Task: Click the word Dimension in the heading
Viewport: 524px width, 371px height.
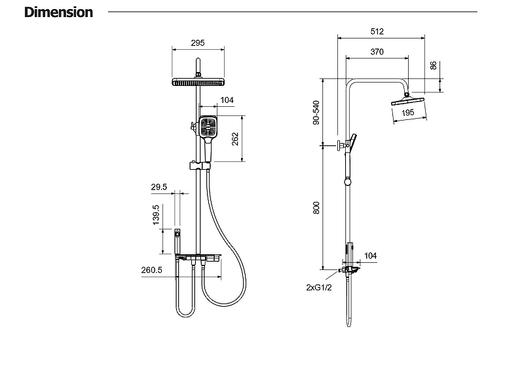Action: [x=58, y=12]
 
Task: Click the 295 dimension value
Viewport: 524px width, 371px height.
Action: [x=198, y=43]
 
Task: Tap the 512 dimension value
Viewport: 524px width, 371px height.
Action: [x=377, y=31]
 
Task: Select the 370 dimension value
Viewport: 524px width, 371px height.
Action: [x=377, y=52]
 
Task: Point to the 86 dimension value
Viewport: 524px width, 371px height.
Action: [x=433, y=66]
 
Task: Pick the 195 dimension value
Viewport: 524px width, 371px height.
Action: [x=407, y=113]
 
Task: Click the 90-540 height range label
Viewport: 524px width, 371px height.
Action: [x=316, y=112]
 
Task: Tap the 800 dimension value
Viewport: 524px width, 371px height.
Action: [x=316, y=208]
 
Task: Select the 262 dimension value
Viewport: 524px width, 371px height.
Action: [x=235, y=139]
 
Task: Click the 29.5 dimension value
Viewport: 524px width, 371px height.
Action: [x=159, y=187]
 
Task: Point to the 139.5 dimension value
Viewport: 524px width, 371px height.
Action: [x=156, y=215]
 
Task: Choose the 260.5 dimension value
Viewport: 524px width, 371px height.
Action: [x=152, y=270]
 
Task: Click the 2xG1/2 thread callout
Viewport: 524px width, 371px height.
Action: [x=319, y=287]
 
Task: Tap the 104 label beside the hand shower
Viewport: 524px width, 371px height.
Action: [x=227, y=100]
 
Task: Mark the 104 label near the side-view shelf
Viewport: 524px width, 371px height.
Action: [x=370, y=256]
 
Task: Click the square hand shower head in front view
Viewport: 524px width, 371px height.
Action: [x=208, y=127]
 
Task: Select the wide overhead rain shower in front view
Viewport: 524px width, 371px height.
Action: [x=198, y=82]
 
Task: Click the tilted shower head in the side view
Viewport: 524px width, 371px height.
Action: [x=407, y=101]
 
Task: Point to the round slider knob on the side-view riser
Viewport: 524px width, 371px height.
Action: [x=348, y=182]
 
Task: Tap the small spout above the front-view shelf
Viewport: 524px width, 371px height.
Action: [x=178, y=241]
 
